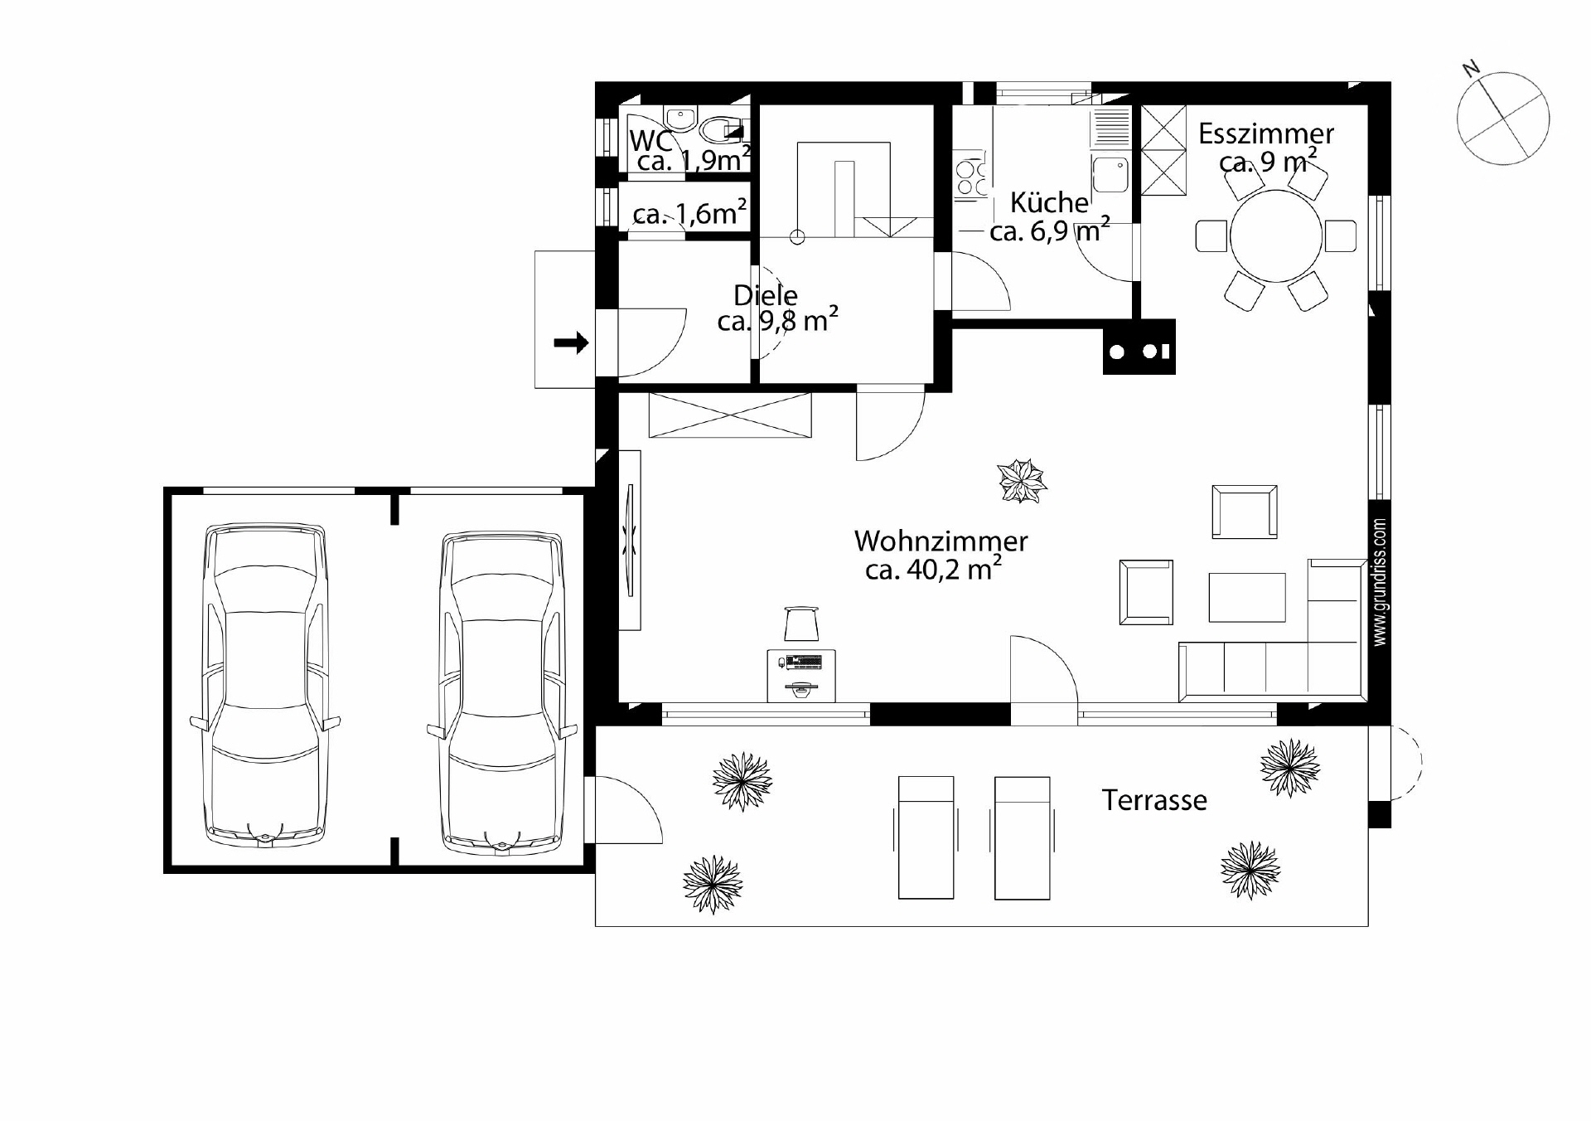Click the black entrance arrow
coord(571,342)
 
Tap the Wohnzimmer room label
coord(941,541)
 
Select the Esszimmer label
coord(1265,133)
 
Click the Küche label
coord(1049,202)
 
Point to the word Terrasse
coord(1154,800)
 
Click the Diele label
coord(766,295)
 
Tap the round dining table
coord(1276,236)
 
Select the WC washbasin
coord(680,120)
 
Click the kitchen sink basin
coord(1110,175)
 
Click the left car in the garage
coord(265,685)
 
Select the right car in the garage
coord(502,693)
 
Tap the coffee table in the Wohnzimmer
coord(1247,597)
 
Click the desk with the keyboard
coord(801,675)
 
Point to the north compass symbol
coord(1502,117)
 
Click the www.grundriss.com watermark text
coord(1380,583)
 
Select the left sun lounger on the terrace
coord(926,837)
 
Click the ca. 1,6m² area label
coord(690,213)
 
